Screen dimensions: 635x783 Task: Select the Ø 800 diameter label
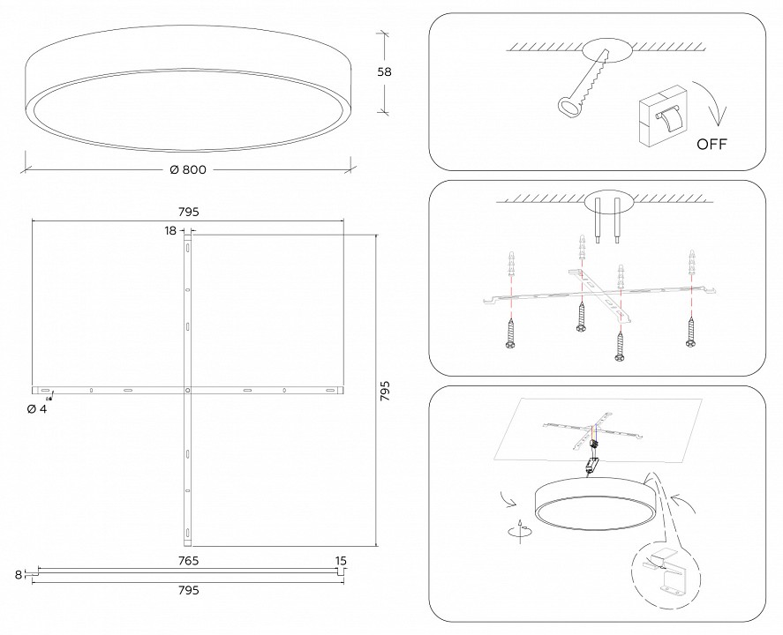point(187,169)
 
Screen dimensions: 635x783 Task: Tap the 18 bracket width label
point(170,230)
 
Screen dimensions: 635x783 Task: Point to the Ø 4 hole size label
point(37,408)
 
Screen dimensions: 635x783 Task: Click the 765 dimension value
point(187,561)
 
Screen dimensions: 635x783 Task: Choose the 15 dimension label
point(341,561)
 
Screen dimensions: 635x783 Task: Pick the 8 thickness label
point(18,574)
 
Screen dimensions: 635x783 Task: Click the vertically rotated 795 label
point(385,391)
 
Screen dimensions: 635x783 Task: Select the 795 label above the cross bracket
point(187,212)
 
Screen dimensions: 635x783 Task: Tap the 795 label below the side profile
point(187,589)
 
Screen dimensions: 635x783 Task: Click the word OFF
point(711,145)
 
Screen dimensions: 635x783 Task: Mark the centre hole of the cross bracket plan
point(187,389)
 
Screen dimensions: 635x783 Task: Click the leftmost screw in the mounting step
point(512,334)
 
